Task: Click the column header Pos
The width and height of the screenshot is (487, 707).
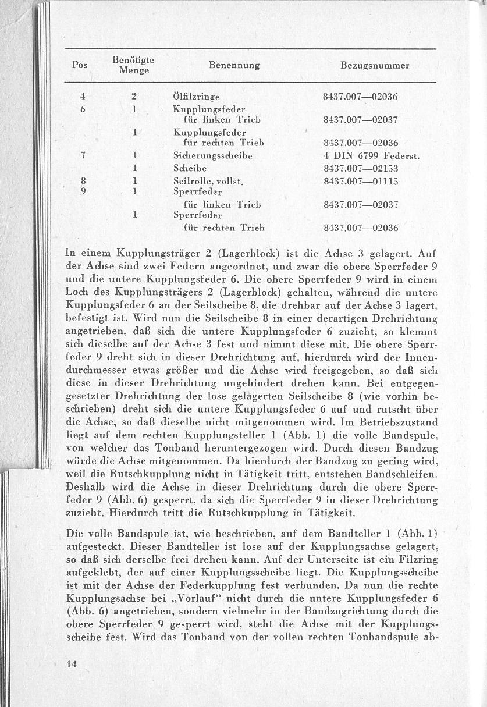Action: pyautogui.click(x=80, y=66)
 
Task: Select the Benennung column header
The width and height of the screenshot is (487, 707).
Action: pyautogui.click(x=234, y=66)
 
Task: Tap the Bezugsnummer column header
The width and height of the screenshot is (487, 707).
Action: pyautogui.click(x=375, y=66)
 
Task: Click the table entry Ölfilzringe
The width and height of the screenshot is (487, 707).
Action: pyautogui.click(x=196, y=97)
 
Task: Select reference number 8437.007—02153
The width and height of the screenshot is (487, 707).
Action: pyautogui.click(x=360, y=169)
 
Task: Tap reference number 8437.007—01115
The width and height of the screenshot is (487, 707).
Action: pyautogui.click(x=360, y=181)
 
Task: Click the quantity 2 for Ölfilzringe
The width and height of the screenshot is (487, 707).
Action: pyautogui.click(x=134, y=97)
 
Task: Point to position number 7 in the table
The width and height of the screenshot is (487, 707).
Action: pyautogui.click(x=85, y=156)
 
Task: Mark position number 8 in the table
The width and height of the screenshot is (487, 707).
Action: pyautogui.click(x=85, y=181)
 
